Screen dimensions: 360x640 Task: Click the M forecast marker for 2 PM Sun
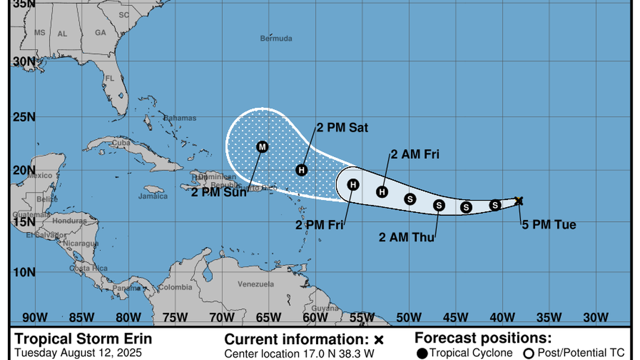262,147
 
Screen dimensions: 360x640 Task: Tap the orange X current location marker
519,200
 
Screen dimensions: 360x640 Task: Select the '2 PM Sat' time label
342,128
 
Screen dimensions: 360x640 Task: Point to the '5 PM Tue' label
549,225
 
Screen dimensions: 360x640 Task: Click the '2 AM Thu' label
407,238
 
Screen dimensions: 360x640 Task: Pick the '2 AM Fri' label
415,154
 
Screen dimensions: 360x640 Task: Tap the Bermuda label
276,39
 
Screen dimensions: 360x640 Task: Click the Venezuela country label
255,284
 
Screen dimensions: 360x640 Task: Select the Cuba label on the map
121,142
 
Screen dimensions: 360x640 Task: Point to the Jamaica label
153,196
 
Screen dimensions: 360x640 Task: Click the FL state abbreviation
110,78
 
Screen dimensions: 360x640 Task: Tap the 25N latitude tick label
24,118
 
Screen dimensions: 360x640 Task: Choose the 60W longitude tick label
315,318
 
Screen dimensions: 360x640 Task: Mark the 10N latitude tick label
24,272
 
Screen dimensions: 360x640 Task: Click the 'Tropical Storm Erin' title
83,339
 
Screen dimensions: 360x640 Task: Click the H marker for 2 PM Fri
353,184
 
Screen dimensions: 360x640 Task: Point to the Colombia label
175,288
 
